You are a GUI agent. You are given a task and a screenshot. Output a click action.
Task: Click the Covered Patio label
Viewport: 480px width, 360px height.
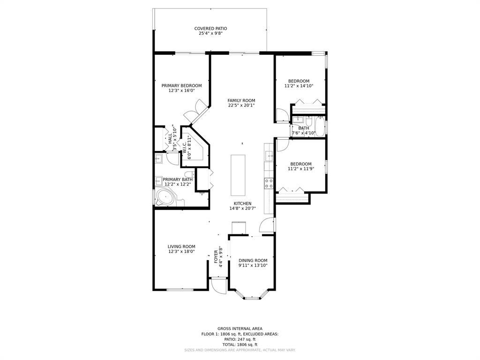click(x=210, y=29)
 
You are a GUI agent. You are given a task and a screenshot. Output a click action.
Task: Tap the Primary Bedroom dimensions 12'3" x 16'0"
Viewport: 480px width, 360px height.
click(x=181, y=90)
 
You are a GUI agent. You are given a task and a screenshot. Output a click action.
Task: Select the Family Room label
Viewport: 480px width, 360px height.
click(x=241, y=100)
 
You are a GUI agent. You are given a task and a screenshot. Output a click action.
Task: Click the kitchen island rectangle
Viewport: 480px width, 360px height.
click(x=238, y=175)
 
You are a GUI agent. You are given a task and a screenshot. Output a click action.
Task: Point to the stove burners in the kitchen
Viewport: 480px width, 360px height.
click(x=269, y=183)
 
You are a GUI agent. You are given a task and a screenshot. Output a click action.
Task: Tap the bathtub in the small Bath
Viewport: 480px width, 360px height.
click(x=320, y=126)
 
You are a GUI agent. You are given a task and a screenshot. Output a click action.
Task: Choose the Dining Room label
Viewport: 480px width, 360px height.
click(x=253, y=261)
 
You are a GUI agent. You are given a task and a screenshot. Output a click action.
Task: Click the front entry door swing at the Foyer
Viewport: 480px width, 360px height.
click(x=219, y=286)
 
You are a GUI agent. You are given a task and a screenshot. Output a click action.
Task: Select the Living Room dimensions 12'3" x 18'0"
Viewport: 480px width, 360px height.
click(x=181, y=251)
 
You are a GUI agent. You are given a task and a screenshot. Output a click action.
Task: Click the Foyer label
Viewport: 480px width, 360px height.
click(x=216, y=256)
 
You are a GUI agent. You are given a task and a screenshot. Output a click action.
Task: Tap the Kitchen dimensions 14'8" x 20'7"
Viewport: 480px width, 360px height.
click(x=243, y=209)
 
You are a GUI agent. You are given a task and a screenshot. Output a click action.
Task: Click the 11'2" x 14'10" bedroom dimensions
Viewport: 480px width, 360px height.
click(x=299, y=86)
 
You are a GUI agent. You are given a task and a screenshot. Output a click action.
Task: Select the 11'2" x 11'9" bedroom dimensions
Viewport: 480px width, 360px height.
click(x=301, y=169)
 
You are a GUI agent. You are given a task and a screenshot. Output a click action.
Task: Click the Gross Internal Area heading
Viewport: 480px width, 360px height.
click(x=240, y=329)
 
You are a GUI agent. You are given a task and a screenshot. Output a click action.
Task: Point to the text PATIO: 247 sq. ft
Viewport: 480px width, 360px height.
click(x=240, y=339)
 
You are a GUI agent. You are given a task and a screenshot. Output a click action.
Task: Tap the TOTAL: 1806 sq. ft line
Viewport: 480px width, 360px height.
click(x=240, y=345)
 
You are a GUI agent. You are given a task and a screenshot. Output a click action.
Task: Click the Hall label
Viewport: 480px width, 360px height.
click(x=170, y=139)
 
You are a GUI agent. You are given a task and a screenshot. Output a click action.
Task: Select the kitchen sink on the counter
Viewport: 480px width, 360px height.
click(x=270, y=156)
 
